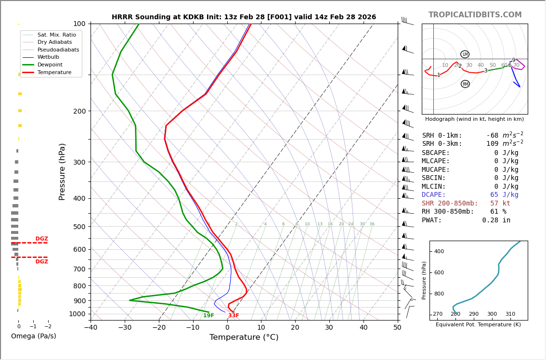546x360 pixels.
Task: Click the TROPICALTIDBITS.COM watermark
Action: (x=475, y=15)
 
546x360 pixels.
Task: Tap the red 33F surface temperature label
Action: (x=234, y=316)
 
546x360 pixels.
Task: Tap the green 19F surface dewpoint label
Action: (x=208, y=316)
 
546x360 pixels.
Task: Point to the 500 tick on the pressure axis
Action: (x=79, y=227)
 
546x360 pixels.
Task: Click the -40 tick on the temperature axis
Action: (x=91, y=328)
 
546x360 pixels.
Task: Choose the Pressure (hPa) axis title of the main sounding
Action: (x=62, y=171)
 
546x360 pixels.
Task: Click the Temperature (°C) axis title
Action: (x=244, y=337)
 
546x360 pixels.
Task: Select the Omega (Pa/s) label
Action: (x=33, y=336)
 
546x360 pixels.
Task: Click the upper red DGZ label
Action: (x=42, y=239)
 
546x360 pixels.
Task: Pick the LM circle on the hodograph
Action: (x=465, y=54)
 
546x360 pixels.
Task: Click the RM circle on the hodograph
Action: (x=465, y=84)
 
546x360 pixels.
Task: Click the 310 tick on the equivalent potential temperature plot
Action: (x=510, y=314)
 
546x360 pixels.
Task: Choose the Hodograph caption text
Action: (x=474, y=119)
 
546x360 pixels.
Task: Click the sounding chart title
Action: (x=244, y=17)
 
